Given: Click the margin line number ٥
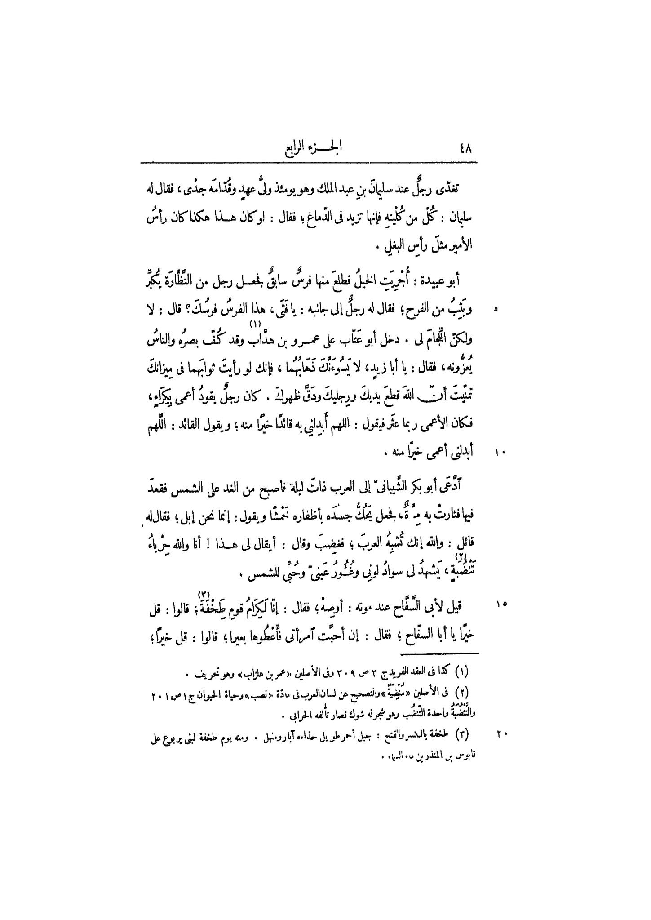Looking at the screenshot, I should [x=496, y=310].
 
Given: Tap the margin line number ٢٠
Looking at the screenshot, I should [x=502, y=735].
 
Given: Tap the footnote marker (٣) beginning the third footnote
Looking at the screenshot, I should [x=461, y=735].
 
